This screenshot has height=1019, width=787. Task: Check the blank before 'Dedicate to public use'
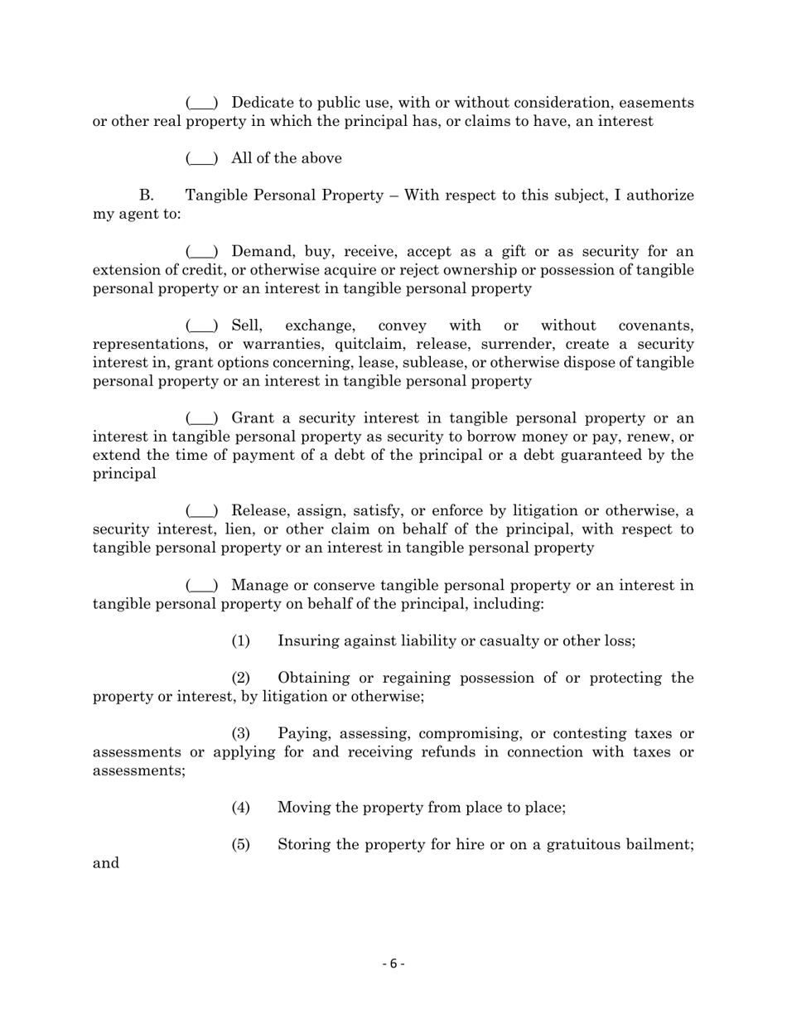tap(202, 103)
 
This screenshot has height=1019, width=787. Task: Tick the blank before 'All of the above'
tap(202, 158)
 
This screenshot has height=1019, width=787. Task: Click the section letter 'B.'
tap(147, 196)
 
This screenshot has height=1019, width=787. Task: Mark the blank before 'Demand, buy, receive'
tap(202, 252)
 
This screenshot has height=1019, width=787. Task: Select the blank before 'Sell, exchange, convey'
tap(202, 326)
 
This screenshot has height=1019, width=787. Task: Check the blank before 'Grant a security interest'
tap(202, 418)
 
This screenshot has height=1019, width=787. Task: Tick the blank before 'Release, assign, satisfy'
tap(202, 511)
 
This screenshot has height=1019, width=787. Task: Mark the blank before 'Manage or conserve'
tap(202, 586)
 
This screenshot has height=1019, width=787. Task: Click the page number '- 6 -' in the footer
tap(393, 963)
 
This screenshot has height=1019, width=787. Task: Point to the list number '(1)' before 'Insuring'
tap(240, 641)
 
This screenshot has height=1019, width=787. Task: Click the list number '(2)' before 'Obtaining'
tap(240, 679)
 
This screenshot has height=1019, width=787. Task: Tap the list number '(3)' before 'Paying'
tap(240, 734)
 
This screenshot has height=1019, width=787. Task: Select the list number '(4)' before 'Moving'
tap(240, 808)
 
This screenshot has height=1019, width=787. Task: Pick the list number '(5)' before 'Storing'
tap(240, 845)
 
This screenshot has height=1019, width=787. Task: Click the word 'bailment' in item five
tap(658, 845)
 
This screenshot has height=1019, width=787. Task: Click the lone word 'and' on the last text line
tap(106, 863)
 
